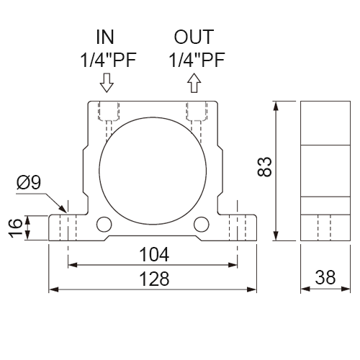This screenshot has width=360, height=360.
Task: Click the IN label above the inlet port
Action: point(105,37)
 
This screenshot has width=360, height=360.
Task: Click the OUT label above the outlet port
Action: point(194,37)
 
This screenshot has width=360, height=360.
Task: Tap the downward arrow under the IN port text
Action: point(107,83)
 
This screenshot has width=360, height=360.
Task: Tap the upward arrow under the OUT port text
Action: point(194,83)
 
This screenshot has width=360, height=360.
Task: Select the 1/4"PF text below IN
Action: point(108,60)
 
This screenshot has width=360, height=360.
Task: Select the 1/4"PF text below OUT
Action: point(197,60)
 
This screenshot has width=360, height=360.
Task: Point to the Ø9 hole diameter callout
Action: point(29,182)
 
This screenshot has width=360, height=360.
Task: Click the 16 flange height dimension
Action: point(15,228)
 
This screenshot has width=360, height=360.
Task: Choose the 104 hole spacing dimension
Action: point(154,254)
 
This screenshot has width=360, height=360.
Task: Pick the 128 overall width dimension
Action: point(154,279)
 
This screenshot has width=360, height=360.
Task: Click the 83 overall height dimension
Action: point(264,167)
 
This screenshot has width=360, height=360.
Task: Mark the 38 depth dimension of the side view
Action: point(325,277)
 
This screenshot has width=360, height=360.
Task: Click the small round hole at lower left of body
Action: point(104,224)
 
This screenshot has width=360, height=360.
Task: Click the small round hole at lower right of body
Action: point(202,224)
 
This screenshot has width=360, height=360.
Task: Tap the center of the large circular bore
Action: point(153,171)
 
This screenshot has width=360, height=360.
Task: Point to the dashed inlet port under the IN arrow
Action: point(109,120)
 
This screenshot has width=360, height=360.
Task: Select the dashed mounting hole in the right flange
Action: point(238,228)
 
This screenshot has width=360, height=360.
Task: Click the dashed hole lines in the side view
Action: point(324,228)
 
